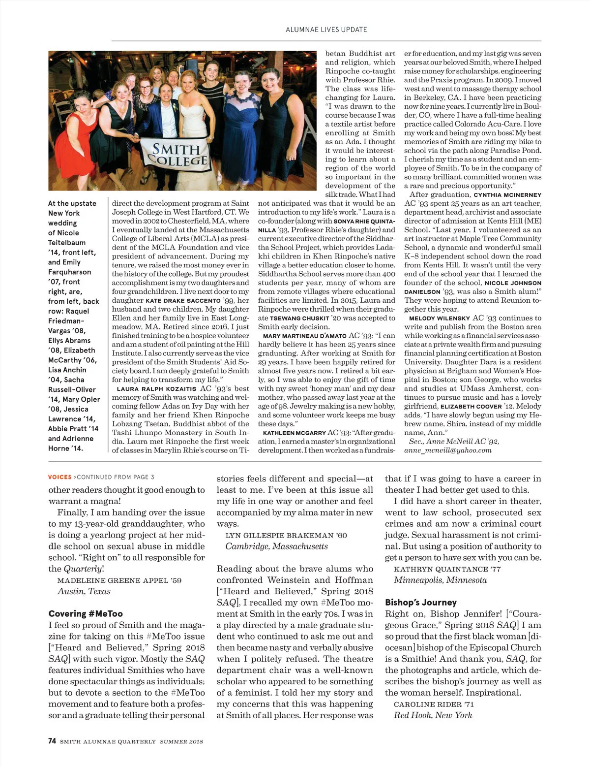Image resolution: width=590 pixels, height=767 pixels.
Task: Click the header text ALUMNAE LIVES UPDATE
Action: (326, 30)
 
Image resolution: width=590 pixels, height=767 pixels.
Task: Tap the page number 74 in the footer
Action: (52, 741)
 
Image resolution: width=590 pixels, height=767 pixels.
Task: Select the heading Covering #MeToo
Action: (86, 613)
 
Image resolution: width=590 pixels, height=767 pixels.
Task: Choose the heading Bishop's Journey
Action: (421, 602)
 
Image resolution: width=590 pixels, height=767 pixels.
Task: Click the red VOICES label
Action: (59, 477)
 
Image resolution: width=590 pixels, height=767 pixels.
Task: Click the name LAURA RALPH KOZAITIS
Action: (156, 388)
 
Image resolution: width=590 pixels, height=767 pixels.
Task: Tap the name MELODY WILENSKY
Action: (440, 318)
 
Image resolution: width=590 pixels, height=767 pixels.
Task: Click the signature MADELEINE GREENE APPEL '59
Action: (119, 580)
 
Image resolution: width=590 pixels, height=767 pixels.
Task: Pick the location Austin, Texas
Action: (84, 591)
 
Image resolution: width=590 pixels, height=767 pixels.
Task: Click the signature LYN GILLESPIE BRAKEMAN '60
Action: (286, 535)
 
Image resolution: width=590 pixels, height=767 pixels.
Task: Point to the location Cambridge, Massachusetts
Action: (276, 546)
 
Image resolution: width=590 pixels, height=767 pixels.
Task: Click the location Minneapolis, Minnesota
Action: (440, 580)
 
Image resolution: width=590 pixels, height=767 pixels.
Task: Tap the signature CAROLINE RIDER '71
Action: (434, 704)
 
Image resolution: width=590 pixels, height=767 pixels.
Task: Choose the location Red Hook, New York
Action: (433, 715)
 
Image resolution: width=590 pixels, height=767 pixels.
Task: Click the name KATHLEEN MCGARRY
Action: (295, 433)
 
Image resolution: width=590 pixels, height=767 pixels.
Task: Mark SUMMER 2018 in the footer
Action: (181, 741)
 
